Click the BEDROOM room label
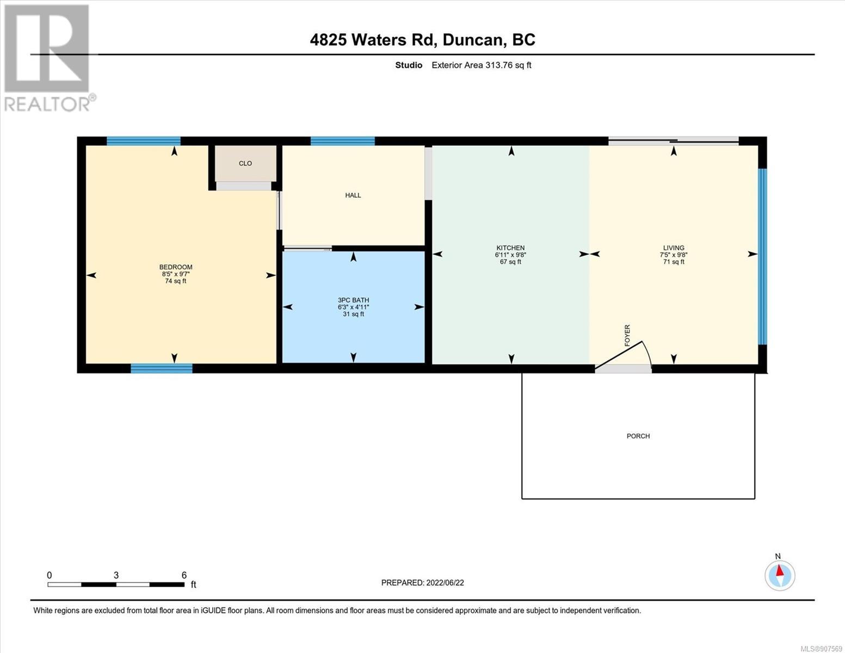tap(176, 267)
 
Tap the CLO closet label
tap(245, 163)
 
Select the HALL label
tap(353, 195)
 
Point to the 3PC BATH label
tap(354, 300)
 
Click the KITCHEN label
tap(510, 248)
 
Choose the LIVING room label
tap(674, 248)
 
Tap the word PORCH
tap(638, 436)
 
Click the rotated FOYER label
tap(627, 335)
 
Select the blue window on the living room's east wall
tap(763, 257)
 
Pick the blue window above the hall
tap(343, 141)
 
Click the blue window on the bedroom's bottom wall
tap(162, 368)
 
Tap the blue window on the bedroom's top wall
tap(144, 141)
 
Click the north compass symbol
tap(780, 575)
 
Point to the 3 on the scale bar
tap(116, 575)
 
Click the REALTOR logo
tap(49, 58)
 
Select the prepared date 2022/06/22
tap(445, 583)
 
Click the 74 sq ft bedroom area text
tap(176, 281)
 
